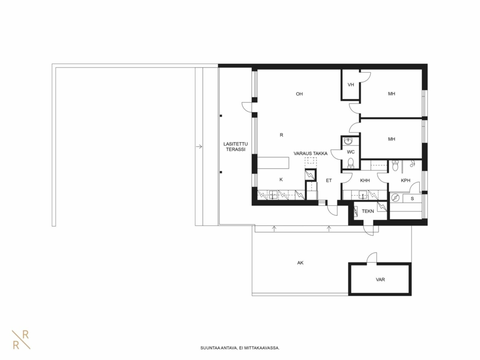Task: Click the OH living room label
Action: pyautogui.click(x=299, y=94)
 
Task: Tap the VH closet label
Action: pyautogui.click(x=350, y=85)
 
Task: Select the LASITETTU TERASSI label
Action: pyautogui.click(x=235, y=147)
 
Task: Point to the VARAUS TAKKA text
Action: pyautogui.click(x=310, y=154)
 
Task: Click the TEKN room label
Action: pyautogui.click(x=368, y=211)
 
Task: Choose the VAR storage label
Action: pyautogui.click(x=380, y=279)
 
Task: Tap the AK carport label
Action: pyautogui.click(x=300, y=263)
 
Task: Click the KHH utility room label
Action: pyautogui.click(x=364, y=180)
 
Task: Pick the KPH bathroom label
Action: pyautogui.click(x=405, y=180)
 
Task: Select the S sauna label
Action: pyautogui.click(x=412, y=199)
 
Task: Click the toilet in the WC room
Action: pyautogui.click(x=351, y=163)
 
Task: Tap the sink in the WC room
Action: pyautogui.click(x=348, y=141)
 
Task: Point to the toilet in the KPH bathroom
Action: pyautogui.click(x=395, y=166)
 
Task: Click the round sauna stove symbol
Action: pyautogui.click(x=395, y=198)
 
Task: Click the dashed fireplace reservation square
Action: pyautogui.click(x=310, y=163)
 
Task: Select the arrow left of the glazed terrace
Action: pyautogui.click(x=199, y=147)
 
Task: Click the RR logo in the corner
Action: pyautogui.click(x=21, y=340)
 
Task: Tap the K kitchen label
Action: pyautogui.click(x=281, y=180)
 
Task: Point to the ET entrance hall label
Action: pyautogui.click(x=329, y=180)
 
